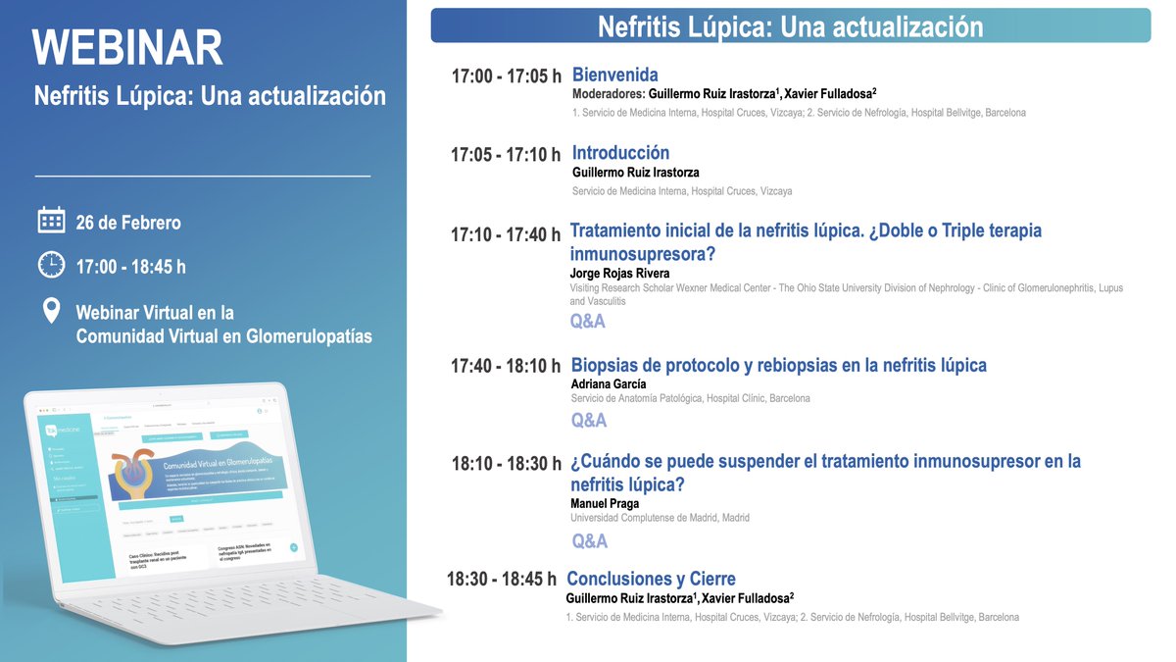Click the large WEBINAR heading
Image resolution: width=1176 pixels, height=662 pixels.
pos(127,47)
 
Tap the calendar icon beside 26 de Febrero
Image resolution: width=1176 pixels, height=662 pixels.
pos(51,220)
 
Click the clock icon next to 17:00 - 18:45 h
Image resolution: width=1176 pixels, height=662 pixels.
pos(51,265)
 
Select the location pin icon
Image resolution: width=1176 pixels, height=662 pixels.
pos(51,312)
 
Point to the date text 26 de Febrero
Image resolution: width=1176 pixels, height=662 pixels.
pos(128,223)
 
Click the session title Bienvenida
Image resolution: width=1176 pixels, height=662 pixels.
pos(614,75)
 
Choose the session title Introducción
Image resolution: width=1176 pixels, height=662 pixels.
pos(620,153)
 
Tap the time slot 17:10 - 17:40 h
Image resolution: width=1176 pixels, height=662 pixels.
pos(505,235)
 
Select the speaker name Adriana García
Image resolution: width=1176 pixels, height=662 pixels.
pos(608,383)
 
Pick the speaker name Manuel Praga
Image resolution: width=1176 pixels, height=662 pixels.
pos(605,503)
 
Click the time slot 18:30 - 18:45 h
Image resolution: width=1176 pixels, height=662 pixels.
pos(501,580)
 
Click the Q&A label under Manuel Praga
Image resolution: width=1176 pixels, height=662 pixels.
pos(589,541)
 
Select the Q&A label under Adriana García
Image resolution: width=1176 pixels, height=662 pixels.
pos(589,421)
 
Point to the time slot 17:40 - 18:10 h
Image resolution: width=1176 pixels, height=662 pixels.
pos(506,367)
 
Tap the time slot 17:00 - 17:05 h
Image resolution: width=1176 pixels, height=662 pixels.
pos(506,76)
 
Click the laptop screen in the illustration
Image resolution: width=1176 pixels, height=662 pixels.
pos(167,485)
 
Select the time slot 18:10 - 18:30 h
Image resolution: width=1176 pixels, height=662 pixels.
pos(506,464)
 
